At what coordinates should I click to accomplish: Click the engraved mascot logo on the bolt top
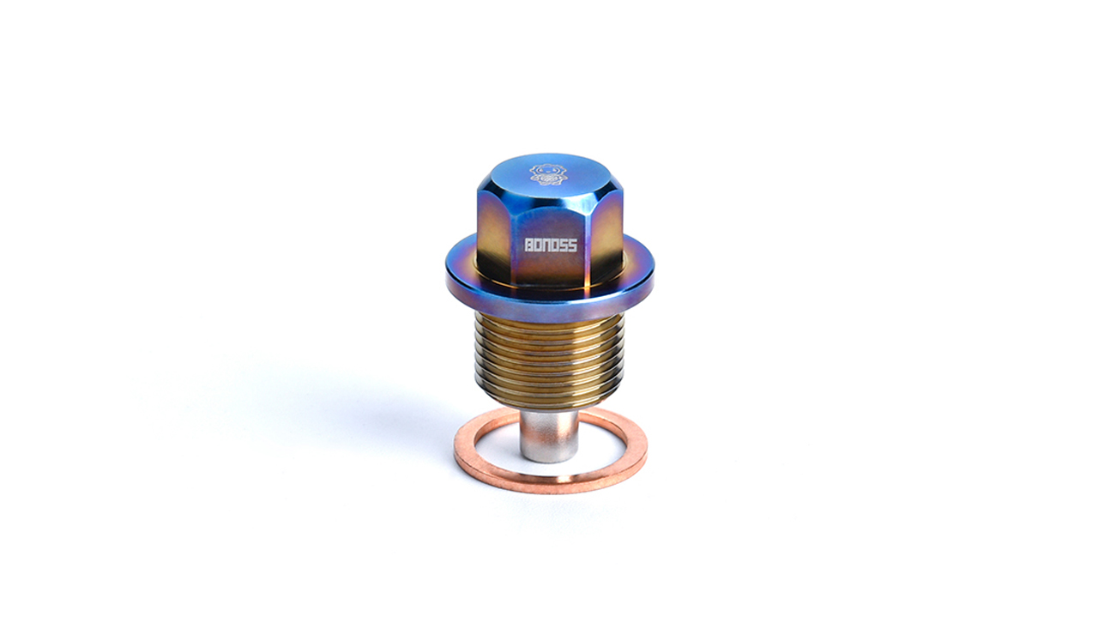click(x=548, y=174)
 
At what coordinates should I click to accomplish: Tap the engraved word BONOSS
click(x=551, y=245)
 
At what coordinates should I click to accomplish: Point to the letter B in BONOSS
click(x=529, y=245)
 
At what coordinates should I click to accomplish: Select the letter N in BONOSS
click(x=546, y=245)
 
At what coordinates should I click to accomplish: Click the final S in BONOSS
click(x=572, y=245)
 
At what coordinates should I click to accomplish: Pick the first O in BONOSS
click(x=538, y=245)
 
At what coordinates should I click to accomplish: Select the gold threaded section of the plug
click(x=549, y=360)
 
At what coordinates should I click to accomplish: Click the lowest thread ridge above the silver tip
click(x=549, y=402)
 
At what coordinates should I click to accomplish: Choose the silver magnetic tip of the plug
click(x=549, y=433)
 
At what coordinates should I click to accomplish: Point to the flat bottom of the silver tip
click(x=549, y=457)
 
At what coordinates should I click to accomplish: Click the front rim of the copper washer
click(x=549, y=485)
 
